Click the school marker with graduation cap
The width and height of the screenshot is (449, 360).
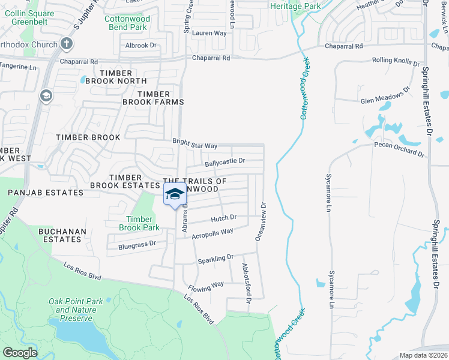pos(175,194)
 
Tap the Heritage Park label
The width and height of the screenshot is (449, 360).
pos(295,6)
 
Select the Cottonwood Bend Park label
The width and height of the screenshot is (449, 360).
pos(125,23)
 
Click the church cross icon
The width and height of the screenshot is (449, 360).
pos(67,44)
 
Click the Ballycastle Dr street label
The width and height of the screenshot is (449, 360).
pos(225,161)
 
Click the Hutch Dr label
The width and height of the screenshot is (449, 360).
pos(224,218)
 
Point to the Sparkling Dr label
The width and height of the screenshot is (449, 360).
pos(215,259)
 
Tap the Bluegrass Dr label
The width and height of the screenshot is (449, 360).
pos(137,244)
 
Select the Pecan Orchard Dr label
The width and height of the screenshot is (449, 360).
pos(399,149)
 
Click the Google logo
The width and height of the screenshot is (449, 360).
pos(20,353)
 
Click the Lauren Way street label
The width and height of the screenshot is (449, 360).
pos(209,33)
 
